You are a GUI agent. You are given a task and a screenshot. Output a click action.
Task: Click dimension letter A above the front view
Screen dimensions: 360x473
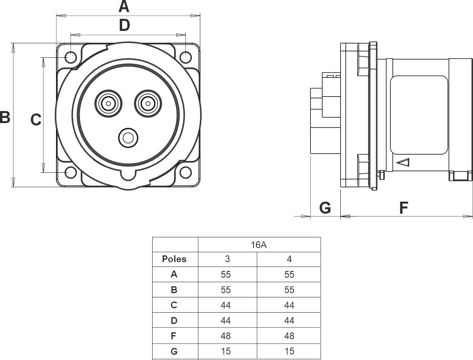124,6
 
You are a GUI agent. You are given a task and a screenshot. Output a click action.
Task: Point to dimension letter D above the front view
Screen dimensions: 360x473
125,25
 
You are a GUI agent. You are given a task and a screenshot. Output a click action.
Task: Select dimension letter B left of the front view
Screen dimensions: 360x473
5,117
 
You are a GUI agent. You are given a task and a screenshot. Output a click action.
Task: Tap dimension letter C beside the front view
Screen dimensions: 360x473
36,119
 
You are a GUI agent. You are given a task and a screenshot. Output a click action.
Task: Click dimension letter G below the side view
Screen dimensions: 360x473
325,208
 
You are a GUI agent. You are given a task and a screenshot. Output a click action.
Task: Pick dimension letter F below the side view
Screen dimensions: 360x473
404,208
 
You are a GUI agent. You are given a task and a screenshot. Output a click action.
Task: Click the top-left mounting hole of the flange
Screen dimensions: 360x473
71,57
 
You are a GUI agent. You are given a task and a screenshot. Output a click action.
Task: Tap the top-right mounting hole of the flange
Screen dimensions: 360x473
185,57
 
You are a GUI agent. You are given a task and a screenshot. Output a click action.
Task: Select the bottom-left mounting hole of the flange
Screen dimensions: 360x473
71,172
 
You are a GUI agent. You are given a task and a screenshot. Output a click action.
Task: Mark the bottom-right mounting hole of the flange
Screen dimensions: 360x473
185,172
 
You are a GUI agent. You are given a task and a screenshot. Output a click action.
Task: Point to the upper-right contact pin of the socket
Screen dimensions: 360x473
148,104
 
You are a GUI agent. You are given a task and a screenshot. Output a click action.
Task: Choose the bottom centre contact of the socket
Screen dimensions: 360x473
128,138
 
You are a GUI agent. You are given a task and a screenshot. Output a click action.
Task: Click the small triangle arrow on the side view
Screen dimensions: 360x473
402,162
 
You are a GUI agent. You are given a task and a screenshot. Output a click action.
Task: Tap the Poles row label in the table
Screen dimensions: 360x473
174,259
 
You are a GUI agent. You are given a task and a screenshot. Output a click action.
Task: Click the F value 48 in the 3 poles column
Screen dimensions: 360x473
226,336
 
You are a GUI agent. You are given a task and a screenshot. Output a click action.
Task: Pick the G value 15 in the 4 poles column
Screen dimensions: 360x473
289,351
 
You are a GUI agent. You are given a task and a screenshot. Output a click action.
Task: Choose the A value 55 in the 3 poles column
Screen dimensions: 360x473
226,275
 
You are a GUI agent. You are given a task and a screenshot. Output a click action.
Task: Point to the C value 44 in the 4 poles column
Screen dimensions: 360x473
289,305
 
